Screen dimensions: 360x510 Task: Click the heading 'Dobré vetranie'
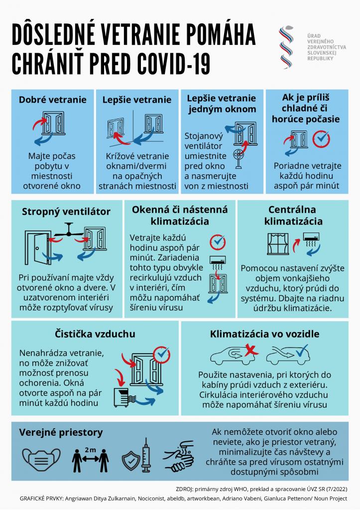point(53,100)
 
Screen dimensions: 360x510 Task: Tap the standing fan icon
point(239,158)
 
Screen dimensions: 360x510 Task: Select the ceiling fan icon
point(69,230)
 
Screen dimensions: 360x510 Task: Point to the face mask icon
point(41,460)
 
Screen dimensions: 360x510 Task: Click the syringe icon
point(146,455)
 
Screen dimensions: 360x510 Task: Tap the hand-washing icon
point(179,456)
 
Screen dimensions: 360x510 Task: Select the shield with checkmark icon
point(131,460)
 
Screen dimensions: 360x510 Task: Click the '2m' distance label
point(91,450)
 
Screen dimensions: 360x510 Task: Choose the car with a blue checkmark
point(287,356)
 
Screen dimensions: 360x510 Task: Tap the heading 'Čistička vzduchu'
point(95,334)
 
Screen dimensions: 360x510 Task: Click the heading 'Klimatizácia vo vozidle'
point(264,334)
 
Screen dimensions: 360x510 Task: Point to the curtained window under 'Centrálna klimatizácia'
point(278,244)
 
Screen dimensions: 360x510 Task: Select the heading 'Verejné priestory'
point(61,432)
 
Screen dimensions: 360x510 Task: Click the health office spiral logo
point(286,47)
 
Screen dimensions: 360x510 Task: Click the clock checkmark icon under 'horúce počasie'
point(322,139)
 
